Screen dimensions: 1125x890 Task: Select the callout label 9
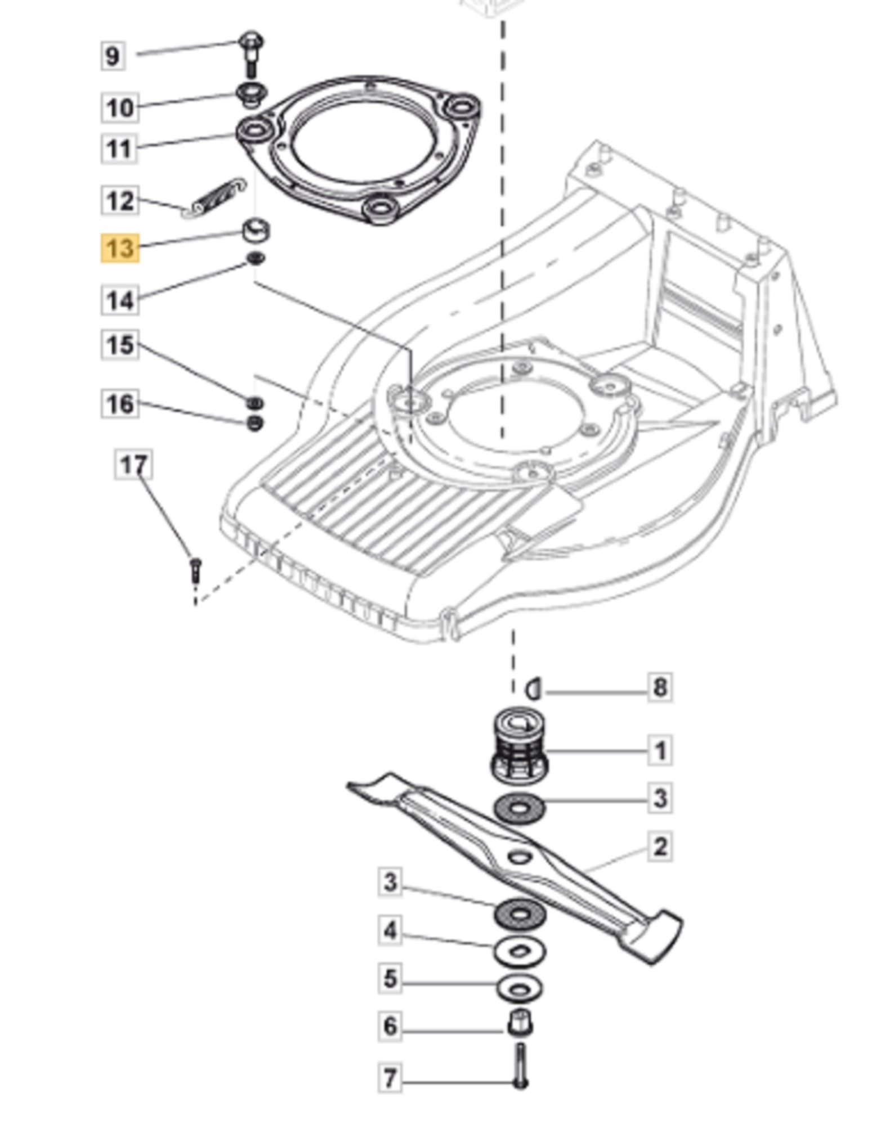pyautogui.click(x=113, y=56)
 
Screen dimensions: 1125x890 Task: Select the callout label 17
pyautogui.click(x=133, y=465)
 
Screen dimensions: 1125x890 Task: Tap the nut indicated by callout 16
pyautogui.click(x=255, y=423)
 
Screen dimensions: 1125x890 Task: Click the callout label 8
pyautogui.click(x=660, y=687)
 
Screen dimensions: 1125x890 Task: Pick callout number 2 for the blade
pyautogui.click(x=660, y=847)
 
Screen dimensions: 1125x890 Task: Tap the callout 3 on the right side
pyautogui.click(x=660, y=798)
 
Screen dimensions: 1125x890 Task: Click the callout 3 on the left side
pyautogui.click(x=390, y=881)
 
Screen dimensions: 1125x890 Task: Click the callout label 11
pyautogui.click(x=119, y=150)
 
